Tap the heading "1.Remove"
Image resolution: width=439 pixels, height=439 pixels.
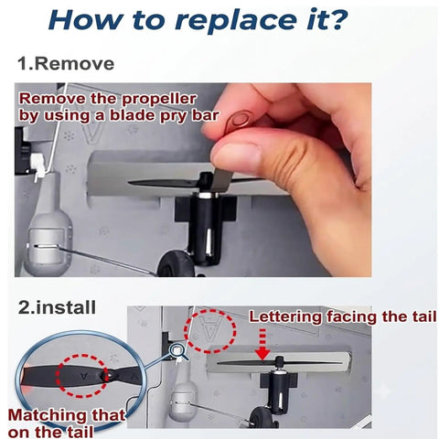66,64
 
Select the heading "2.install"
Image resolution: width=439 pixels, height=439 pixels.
57,307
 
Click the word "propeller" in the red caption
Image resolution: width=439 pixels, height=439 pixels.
159,100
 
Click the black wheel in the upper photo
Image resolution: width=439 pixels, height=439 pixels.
177,264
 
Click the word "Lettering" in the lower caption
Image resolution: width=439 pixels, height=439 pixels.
285,316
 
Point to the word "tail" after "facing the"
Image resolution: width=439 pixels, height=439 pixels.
424,316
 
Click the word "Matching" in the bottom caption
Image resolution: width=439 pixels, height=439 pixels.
45,415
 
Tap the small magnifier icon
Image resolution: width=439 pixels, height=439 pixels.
177,350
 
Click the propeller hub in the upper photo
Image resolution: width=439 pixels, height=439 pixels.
206,182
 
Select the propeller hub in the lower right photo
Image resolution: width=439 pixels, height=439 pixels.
279,363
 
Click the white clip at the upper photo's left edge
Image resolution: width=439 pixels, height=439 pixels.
37,166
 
